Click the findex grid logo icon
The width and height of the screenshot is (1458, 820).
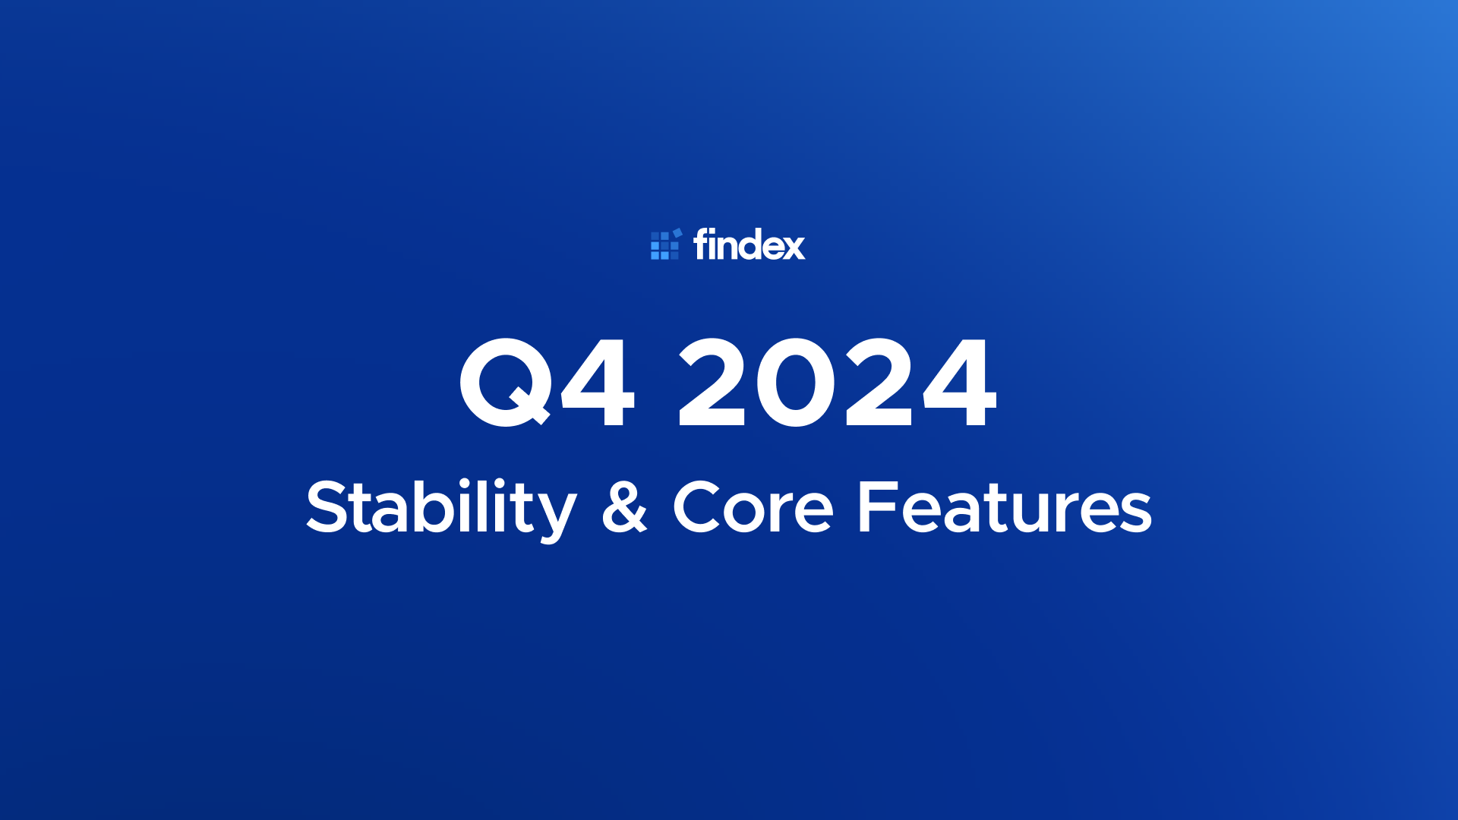[666, 244]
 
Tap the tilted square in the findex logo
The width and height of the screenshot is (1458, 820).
[677, 232]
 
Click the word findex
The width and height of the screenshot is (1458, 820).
[749, 244]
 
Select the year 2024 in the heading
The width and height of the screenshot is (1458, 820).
[837, 382]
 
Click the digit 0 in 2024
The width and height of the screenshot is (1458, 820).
[795, 382]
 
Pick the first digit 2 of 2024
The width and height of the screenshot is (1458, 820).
[712, 382]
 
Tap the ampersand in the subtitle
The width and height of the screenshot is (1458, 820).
[624, 506]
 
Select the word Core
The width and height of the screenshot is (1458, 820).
[753, 506]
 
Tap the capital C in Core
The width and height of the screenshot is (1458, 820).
[697, 506]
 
